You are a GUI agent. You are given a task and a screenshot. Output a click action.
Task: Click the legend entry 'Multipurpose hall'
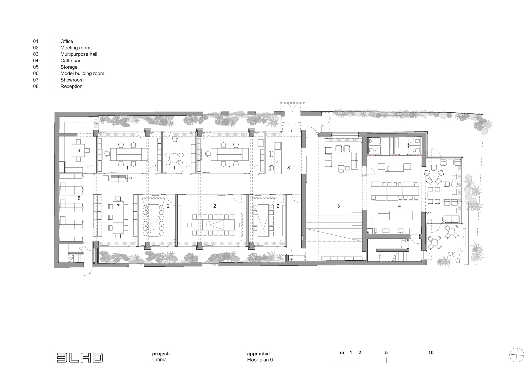79,54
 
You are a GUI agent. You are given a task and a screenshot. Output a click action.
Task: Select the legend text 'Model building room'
82,73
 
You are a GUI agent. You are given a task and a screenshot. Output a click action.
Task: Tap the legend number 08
36,86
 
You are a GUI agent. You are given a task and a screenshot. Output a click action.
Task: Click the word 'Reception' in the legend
71,86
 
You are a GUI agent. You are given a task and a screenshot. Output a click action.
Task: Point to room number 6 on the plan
79,151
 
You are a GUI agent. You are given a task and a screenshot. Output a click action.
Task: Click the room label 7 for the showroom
118,206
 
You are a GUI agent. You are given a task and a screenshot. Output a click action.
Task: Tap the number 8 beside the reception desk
288,168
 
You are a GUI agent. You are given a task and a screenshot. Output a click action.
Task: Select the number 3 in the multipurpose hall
339,206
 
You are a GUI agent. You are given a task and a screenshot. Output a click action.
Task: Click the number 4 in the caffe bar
399,206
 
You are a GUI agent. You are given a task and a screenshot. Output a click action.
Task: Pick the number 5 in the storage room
79,198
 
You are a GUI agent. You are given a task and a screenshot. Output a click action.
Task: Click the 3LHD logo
80,358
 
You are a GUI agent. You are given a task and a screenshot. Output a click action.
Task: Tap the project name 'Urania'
159,360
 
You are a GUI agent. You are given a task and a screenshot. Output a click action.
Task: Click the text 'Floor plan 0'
260,360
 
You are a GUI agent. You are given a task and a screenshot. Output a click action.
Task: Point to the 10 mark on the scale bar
431,353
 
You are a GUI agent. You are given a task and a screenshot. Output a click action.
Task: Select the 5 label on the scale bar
386,353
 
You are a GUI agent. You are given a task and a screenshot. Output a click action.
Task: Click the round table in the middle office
174,158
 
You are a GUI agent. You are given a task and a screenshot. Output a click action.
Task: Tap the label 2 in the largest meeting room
215,206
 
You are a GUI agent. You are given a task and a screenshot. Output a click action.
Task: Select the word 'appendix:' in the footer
258,354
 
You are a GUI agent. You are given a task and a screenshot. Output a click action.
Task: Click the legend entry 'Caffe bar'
70,60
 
